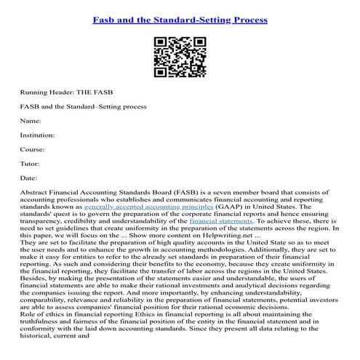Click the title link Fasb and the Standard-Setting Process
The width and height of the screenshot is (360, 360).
tap(180, 18)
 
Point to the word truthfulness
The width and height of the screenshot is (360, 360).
tap(43, 325)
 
